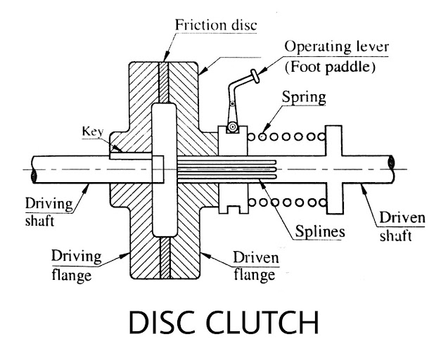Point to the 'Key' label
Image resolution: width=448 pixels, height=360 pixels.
coord(94,131)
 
